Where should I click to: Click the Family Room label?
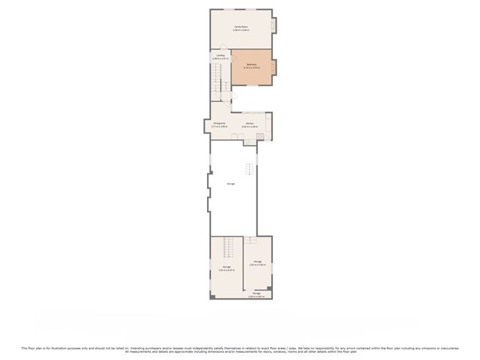point(241,27)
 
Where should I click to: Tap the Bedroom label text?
point(251,64)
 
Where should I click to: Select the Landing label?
point(221,55)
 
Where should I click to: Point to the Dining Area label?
point(220,124)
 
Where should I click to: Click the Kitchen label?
point(250,124)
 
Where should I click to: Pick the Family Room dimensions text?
point(241,30)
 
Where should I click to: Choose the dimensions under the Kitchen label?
point(250,127)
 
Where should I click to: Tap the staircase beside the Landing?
point(216,79)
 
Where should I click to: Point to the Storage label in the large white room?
point(231,184)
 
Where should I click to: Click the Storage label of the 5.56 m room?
point(257,261)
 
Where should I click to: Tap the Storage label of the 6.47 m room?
point(226,267)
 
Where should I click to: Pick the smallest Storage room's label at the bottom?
point(257,293)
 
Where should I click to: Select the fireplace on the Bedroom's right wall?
point(273,67)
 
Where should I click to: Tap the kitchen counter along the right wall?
point(268,126)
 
